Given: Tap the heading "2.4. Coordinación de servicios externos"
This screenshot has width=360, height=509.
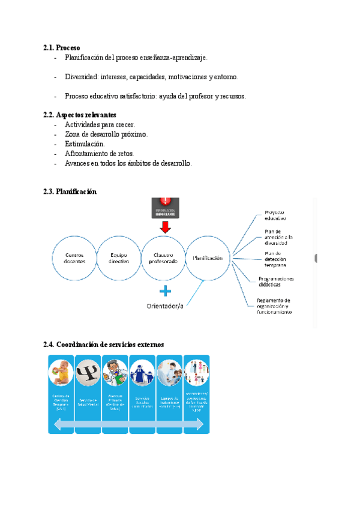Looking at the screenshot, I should pos(104,345).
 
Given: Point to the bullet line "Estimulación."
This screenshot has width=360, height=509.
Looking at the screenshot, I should pos(85,144).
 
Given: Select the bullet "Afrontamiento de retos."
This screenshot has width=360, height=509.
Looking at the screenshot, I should pos(100,154).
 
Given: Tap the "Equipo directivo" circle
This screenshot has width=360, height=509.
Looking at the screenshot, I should pos(119,258).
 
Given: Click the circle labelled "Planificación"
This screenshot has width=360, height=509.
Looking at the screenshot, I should pos(208,258).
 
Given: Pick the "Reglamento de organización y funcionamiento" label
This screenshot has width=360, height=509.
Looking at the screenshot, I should pos(274,306).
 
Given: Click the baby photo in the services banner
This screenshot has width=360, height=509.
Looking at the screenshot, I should pos(61,373).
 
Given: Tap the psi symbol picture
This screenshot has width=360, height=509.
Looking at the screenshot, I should pos(88,373).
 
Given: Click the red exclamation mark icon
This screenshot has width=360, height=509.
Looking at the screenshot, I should pos(166,202).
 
